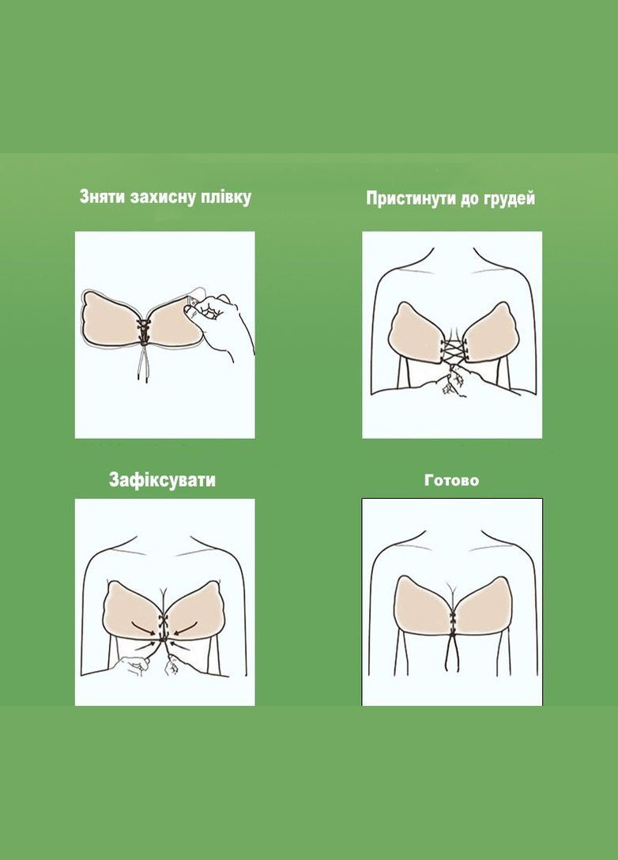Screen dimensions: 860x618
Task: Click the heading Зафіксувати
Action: pyautogui.click(x=162, y=480)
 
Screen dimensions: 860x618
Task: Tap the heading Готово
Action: pyautogui.click(x=451, y=480)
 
